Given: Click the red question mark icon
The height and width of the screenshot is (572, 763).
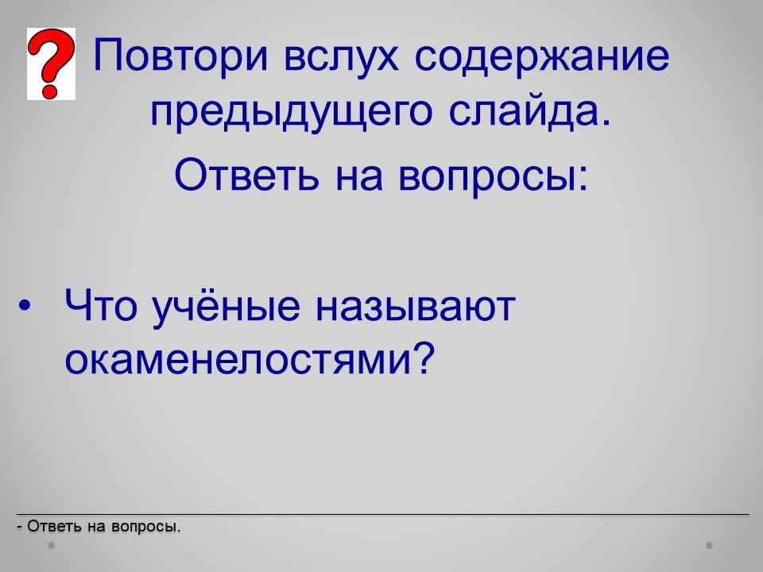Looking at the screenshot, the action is click(x=51, y=64).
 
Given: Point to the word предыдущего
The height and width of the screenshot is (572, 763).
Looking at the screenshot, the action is click(x=291, y=114).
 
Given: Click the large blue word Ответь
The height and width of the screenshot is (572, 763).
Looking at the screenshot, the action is click(x=246, y=175).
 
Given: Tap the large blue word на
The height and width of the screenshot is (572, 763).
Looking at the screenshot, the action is click(x=359, y=177).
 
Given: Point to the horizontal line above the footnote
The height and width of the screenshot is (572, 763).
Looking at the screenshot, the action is click(x=383, y=514).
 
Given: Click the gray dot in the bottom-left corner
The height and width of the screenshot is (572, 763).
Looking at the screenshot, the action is click(x=51, y=545).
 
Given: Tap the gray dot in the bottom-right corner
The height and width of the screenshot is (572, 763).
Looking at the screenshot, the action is click(x=710, y=545).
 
